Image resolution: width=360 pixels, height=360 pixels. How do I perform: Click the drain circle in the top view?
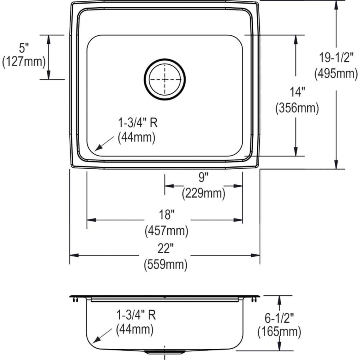click(x=165, y=79)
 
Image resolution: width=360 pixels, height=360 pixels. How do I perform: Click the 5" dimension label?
click(x=24, y=48)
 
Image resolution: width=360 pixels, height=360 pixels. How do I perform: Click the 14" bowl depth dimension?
click(x=297, y=92)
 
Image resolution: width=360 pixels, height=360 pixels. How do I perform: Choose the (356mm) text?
click(x=297, y=108)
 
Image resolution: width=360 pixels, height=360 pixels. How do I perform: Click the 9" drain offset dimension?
click(x=204, y=176)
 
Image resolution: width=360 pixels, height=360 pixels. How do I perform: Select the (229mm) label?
click(x=204, y=194)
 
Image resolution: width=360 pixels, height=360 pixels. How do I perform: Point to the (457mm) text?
click(x=166, y=230)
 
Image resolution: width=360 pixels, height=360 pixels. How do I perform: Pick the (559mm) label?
click(x=166, y=264)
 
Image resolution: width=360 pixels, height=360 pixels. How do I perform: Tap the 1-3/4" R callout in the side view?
click(x=136, y=315)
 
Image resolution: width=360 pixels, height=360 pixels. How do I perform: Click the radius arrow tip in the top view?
click(x=95, y=150)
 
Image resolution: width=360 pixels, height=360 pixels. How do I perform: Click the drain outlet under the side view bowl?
click(x=165, y=352)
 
